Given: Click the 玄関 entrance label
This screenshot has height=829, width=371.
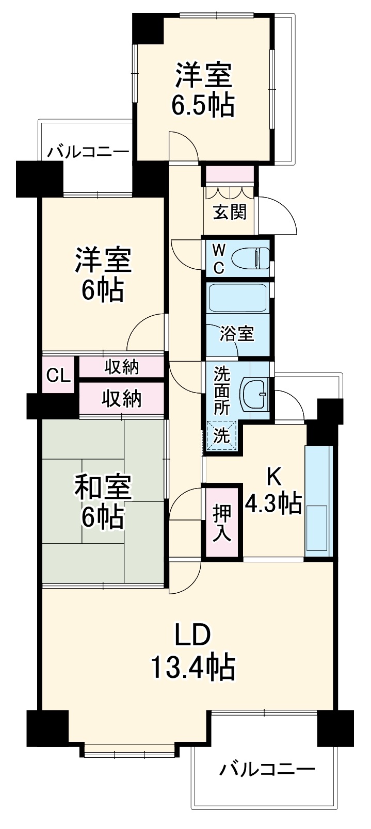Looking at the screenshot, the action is [x=230, y=213].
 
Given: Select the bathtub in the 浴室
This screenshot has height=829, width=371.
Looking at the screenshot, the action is [x=237, y=298].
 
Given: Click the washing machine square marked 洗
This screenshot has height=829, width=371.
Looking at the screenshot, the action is [x=221, y=436].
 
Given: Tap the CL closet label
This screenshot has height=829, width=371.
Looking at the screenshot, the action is [x=58, y=376].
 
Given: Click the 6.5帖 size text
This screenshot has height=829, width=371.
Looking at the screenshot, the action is [x=203, y=105].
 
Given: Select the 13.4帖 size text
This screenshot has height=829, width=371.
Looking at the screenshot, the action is [x=193, y=667].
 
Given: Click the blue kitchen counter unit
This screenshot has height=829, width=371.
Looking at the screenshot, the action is [x=318, y=501].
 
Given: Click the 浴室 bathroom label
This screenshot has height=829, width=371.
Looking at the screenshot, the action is [x=237, y=334].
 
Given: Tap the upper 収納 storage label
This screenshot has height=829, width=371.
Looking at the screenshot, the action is [x=121, y=367].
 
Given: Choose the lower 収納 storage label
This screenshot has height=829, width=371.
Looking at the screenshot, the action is [x=122, y=399].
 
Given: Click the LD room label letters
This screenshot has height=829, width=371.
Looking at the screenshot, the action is [x=192, y=635].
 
